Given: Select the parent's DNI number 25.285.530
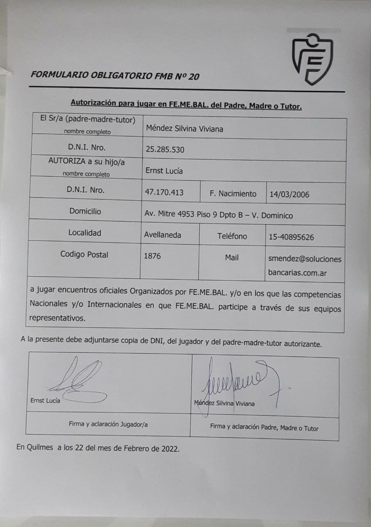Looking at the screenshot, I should (165, 149).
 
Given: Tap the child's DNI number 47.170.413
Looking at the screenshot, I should (164, 192).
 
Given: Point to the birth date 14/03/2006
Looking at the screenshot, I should (289, 194).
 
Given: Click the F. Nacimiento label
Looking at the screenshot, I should (233, 194).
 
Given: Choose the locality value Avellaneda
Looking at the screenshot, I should (162, 235).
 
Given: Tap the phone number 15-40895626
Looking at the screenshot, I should (291, 237).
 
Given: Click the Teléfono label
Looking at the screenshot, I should (232, 236).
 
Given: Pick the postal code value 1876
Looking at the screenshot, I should (152, 256).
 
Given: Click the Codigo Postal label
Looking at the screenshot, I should (84, 254).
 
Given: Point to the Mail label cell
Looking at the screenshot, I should (232, 257).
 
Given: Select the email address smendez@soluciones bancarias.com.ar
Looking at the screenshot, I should (305, 266).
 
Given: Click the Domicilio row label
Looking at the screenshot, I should (85, 211).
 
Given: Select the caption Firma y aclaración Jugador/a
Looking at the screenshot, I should (108, 424).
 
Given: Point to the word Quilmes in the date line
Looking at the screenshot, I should (40, 448).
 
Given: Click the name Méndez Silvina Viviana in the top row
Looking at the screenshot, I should (184, 128).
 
